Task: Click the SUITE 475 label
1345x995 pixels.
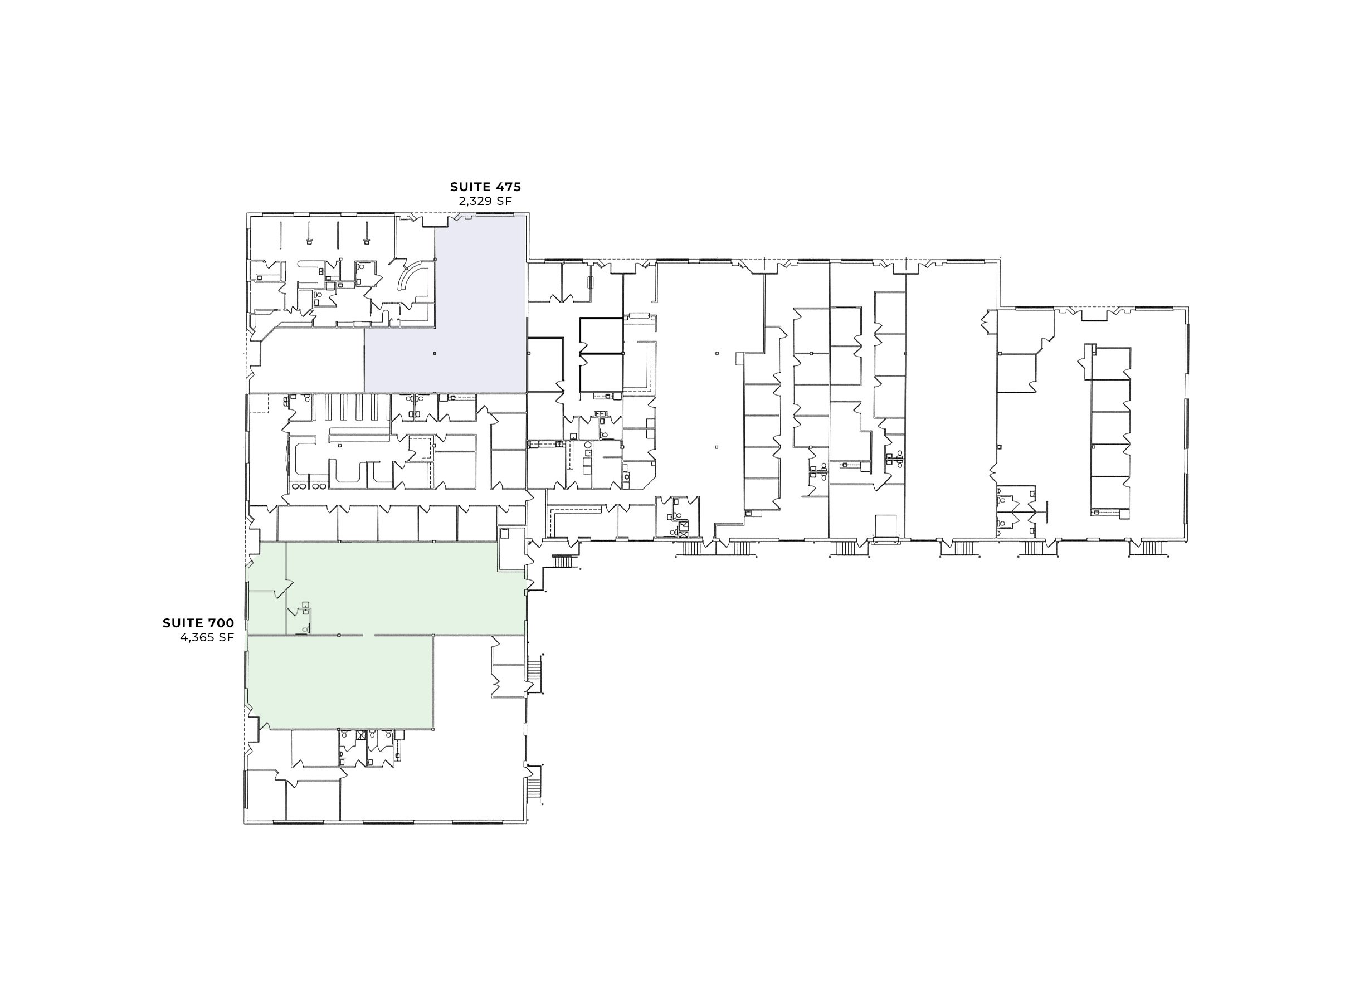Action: point(485,187)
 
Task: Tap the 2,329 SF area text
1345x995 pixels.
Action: point(485,201)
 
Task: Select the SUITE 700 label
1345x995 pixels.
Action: point(198,623)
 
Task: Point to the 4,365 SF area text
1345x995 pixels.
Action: point(207,637)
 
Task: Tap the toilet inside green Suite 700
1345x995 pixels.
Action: point(305,630)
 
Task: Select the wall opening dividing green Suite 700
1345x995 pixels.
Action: point(368,635)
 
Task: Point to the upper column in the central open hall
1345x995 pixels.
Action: point(717,354)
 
